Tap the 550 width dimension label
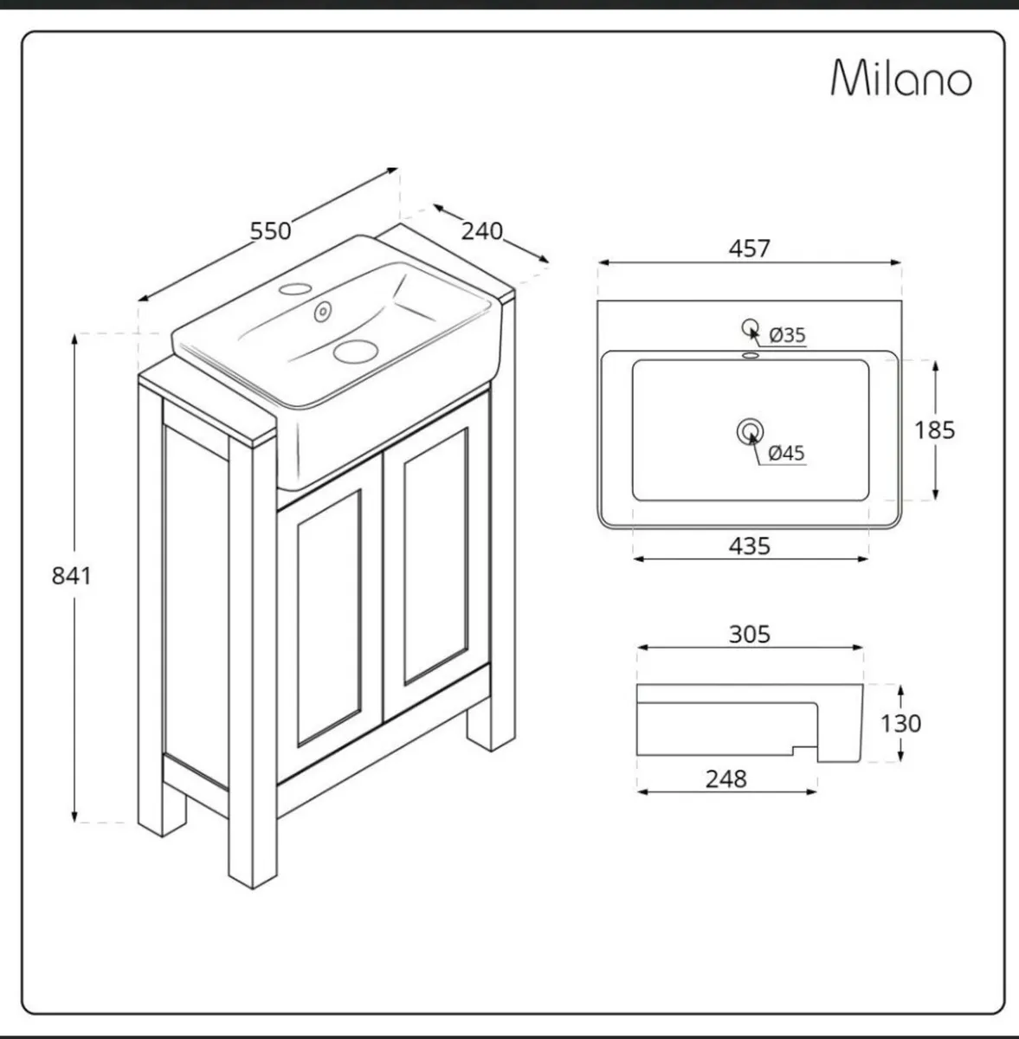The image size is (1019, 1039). click(x=270, y=231)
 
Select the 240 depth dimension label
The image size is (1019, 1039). click(x=481, y=231)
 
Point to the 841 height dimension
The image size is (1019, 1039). click(x=71, y=575)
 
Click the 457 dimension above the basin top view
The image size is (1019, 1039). click(x=749, y=248)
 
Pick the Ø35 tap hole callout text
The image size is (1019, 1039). click(x=787, y=334)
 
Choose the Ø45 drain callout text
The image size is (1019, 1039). click(x=786, y=452)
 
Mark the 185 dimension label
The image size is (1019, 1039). click(x=934, y=429)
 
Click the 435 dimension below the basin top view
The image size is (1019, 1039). click(x=749, y=546)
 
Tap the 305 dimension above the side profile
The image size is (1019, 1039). click(x=749, y=635)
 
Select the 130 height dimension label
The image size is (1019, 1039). click(x=900, y=723)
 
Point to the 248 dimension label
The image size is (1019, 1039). click(x=726, y=779)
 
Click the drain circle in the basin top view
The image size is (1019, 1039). click(x=750, y=430)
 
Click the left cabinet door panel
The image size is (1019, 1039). click(x=329, y=619)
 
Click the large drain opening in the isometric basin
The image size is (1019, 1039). click(x=355, y=350)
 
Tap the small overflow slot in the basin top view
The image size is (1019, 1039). click(x=750, y=355)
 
